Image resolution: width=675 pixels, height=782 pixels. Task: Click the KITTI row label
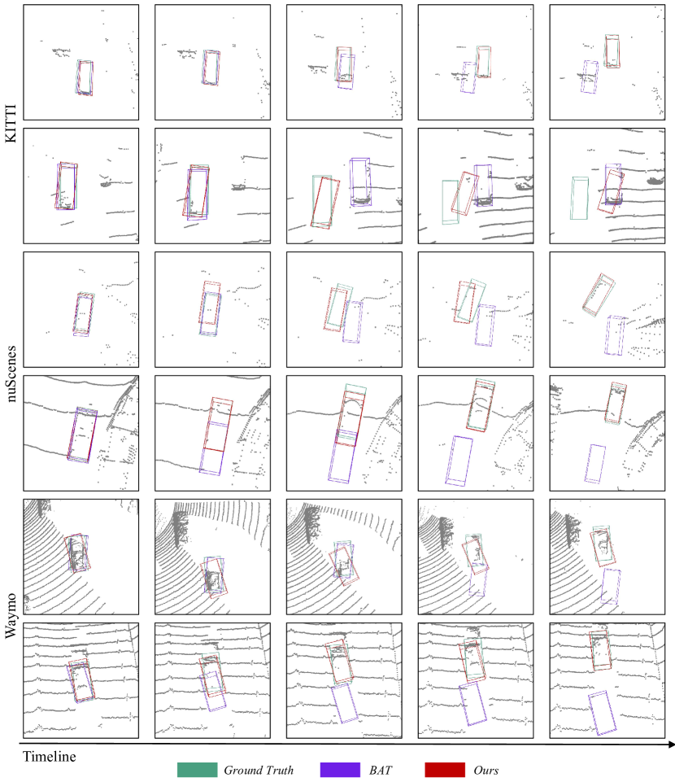(11, 123)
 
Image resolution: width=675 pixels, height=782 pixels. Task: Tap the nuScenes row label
(11, 374)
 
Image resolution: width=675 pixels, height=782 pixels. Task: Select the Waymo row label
(11, 615)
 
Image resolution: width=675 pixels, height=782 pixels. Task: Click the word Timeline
(50, 757)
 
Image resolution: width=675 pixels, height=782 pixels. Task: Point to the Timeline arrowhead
(671, 745)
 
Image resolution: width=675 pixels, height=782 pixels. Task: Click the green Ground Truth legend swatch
(197, 770)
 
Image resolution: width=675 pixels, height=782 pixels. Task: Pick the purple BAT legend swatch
(340, 770)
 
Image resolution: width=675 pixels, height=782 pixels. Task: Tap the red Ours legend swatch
(445, 770)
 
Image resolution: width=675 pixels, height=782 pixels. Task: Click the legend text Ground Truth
(259, 770)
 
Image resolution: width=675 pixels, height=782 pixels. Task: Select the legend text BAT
(381, 770)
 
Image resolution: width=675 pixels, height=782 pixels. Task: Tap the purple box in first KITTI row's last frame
(582, 76)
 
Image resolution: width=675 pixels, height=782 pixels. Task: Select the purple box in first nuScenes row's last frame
(606, 335)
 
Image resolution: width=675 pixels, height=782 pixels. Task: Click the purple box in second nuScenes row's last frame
(586, 463)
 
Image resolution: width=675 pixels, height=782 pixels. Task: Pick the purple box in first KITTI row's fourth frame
(462, 77)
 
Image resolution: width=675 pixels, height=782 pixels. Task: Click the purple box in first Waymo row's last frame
(603, 587)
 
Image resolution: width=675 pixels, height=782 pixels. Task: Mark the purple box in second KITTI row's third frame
(351, 182)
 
